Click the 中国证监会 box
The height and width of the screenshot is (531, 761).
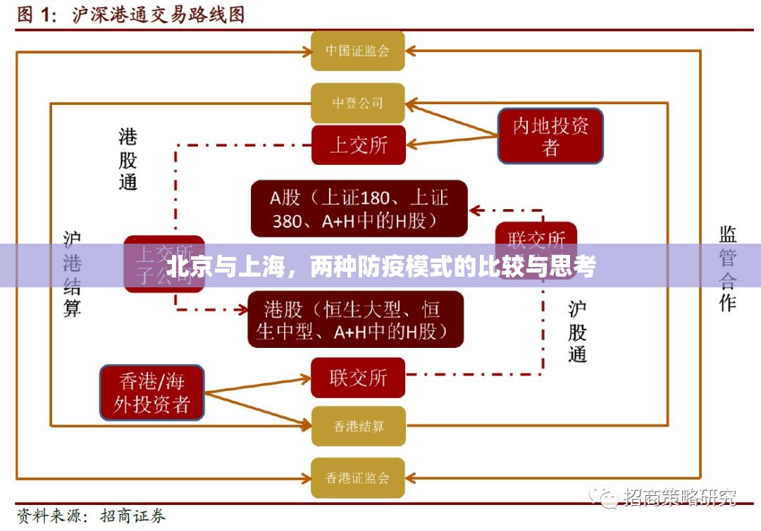coord(358,51)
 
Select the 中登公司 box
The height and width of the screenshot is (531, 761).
coord(358,103)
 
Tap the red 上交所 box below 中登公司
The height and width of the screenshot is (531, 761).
coord(358,145)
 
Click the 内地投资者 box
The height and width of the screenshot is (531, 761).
coord(550,136)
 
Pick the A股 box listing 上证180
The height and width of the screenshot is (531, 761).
coord(359,208)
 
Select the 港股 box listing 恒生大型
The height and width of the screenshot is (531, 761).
coord(356,319)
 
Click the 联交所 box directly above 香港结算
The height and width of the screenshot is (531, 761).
coord(358,377)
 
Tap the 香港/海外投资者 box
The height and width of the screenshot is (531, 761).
coord(152,392)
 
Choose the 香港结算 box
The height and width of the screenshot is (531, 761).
coord(358,426)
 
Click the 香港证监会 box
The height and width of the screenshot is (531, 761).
coord(358,478)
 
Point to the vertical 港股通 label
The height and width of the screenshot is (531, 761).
coord(128,159)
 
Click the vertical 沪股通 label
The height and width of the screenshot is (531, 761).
coord(577,331)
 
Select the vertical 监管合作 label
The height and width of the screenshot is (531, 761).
coord(727,268)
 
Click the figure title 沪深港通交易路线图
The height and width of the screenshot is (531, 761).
coord(159,15)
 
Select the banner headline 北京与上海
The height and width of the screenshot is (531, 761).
coord(380,268)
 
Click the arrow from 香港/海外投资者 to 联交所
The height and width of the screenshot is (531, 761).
coord(257,385)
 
